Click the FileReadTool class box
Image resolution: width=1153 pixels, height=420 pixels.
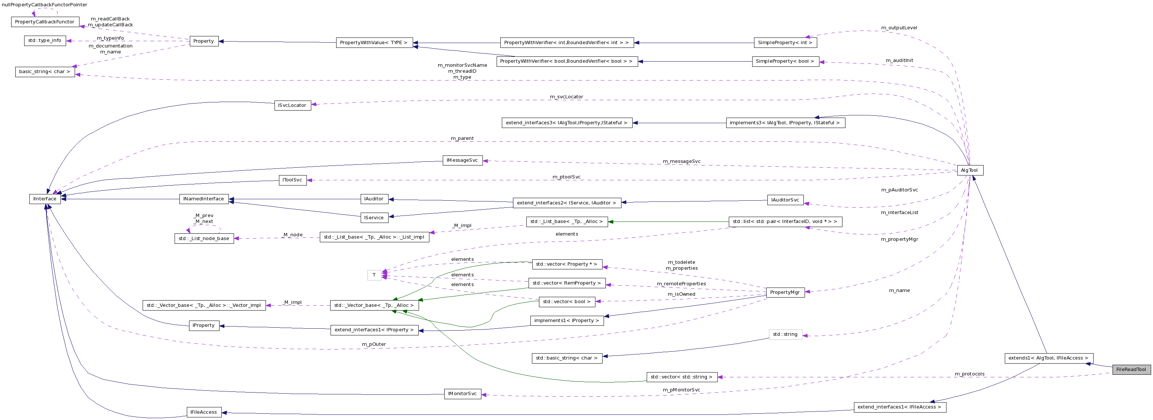click(1131, 370)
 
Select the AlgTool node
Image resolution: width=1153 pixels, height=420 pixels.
click(970, 170)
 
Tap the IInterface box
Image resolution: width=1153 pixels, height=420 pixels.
click(45, 199)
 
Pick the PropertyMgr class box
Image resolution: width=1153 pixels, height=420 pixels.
click(785, 292)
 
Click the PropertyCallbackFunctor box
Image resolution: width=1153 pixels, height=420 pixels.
click(45, 22)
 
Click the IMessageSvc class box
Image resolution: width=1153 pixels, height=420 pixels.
click(462, 160)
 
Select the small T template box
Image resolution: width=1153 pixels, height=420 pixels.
click(374, 275)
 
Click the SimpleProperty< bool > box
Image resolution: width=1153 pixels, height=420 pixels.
click(785, 61)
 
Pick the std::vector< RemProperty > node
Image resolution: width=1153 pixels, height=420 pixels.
click(566, 283)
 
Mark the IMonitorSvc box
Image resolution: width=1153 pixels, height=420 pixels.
click(462, 394)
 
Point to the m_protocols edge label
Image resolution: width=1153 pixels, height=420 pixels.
click(970, 374)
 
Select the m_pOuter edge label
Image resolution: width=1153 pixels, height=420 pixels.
click(374, 344)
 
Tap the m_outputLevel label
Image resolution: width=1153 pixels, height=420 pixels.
click(899, 28)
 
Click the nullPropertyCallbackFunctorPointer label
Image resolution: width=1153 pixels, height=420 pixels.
click(45, 4)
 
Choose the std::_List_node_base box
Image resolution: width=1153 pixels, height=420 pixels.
click(204, 239)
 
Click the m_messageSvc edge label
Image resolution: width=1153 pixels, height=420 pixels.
click(681, 161)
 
